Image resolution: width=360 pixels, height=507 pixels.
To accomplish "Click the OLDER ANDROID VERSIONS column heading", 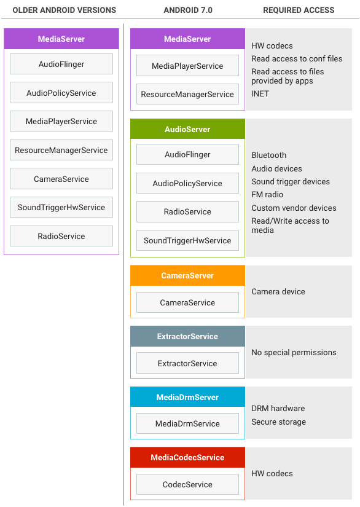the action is (65, 10).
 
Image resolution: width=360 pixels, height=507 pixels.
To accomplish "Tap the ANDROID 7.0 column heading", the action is (188, 10).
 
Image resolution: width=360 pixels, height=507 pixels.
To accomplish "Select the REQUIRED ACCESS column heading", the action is (299, 10).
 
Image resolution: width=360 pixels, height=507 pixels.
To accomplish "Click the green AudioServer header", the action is (187, 129).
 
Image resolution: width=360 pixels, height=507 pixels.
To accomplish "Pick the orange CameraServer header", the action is (187, 275).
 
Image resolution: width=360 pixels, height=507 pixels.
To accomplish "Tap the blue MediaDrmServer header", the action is (187, 397).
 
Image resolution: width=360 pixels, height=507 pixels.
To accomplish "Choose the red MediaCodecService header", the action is (187, 457).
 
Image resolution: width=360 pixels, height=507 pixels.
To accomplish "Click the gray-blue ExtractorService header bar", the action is (187, 336).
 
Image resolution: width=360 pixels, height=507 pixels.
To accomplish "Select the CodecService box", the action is (187, 484).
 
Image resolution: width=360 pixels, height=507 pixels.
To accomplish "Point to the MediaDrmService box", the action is (187, 423).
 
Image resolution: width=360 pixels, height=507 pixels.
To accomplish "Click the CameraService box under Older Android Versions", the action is (61, 179).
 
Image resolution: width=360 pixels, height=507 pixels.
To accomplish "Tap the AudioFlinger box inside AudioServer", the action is (187, 154).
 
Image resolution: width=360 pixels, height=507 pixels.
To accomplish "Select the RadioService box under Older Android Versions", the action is (61, 236).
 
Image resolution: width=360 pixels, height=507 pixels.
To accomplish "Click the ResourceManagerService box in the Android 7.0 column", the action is (187, 94).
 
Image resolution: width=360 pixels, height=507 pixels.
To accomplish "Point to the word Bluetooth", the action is (269, 155).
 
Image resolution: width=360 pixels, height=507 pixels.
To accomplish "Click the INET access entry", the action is (260, 94).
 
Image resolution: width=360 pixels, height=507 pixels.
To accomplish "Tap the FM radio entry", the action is (267, 194).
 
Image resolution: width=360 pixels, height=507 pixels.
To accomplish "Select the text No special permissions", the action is (294, 353).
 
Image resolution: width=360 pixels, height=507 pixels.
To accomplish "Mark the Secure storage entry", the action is (278, 422).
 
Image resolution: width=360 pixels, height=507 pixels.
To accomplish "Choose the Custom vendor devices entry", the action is (294, 208).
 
